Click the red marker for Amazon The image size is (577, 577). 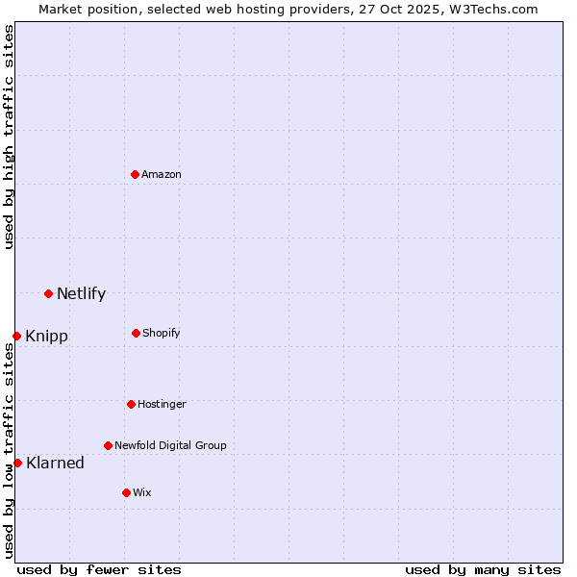(x=136, y=174)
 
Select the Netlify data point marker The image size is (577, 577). (x=48, y=293)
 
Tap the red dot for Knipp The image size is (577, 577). (x=17, y=336)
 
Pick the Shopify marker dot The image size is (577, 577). (x=136, y=333)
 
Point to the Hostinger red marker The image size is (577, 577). (x=131, y=404)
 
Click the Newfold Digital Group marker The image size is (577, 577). (x=108, y=445)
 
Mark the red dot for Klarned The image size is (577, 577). (x=17, y=463)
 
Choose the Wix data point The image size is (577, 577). (x=126, y=492)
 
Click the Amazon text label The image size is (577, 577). (x=162, y=174)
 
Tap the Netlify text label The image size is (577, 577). (x=81, y=293)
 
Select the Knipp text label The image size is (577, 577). (x=46, y=336)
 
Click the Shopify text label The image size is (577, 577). (x=162, y=333)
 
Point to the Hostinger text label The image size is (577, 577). (x=162, y=404)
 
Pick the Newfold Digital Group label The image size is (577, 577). (x=170, y=445)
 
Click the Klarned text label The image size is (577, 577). (x=55, y=463)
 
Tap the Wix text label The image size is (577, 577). (x=142, y=492)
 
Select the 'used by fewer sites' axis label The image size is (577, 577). (x=99, y=569)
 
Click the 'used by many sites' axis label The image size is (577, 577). (x=483, y=569)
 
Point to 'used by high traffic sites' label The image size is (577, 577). (x=9, y=137)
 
